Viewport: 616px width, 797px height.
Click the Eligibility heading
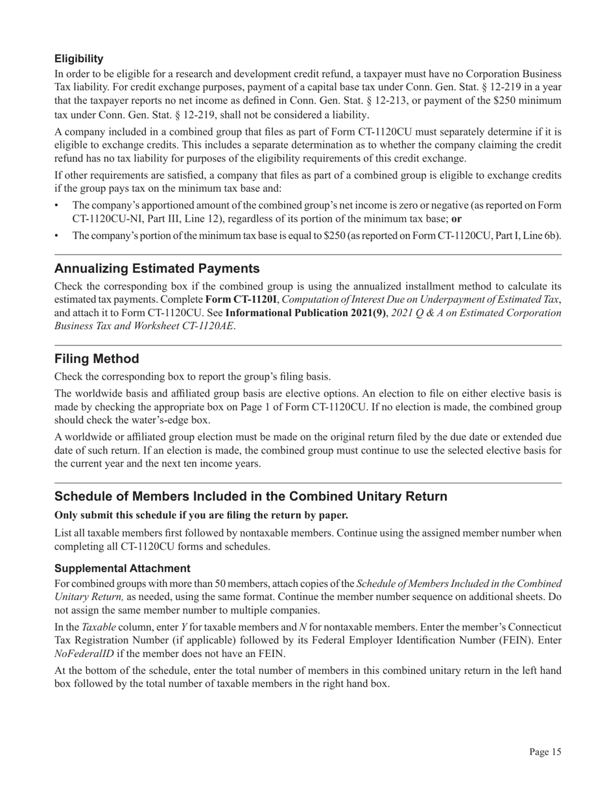coord(78,59)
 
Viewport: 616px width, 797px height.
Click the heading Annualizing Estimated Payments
coord(157,268)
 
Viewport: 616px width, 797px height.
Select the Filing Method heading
coord(97,359)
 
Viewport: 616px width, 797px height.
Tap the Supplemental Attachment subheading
coord(122,568)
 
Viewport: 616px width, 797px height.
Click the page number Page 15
coord(545,752)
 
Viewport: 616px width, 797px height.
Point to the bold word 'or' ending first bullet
coord(456,219)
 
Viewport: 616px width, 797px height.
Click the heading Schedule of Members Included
coord(250,496)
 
